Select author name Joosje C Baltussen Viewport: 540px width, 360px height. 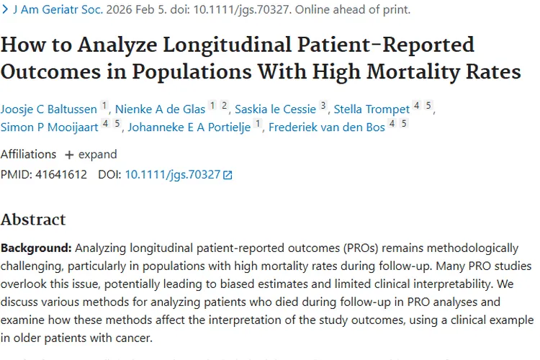pyautogui.click(x=49, y=109)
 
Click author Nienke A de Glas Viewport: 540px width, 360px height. pyautogui.click(x=160, y=109)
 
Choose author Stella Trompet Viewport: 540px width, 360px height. pyautogui.click(x=372, y=109)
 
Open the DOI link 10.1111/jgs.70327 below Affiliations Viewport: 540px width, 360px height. pyautogui.click(x=172, y=174)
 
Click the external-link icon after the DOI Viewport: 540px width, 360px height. pyautogui.click(x=228, y=175)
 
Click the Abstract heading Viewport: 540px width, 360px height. pyautogui.click(x=33, y=220)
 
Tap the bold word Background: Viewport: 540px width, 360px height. pyautogui.click(x=36, y=248)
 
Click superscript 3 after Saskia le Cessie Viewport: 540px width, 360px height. pyautogui.click(x=323, y=106)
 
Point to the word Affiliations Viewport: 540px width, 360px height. pyautogui.click(x=28, y=154)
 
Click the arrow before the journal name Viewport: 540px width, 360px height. pyautogui.click(x=5, y=10)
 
